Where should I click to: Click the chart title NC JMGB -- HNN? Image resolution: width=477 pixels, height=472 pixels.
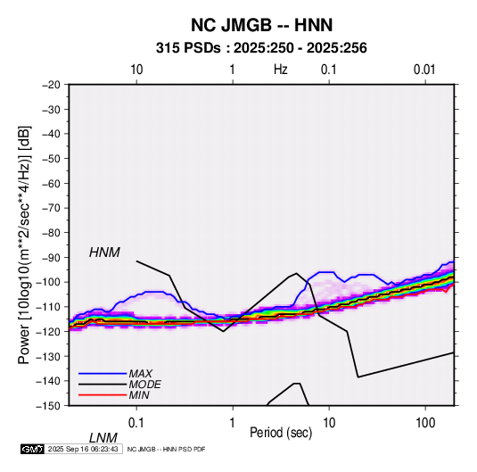pos(261,25)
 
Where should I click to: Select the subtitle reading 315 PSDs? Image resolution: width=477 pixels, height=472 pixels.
pos(188,48)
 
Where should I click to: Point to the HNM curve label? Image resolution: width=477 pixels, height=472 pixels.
pos(104,253)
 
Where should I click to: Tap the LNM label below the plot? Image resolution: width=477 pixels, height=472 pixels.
pos(103,438)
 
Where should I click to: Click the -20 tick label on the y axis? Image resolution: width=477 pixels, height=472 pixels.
pos(51,85)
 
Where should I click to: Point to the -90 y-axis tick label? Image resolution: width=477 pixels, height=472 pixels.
pos(51,258)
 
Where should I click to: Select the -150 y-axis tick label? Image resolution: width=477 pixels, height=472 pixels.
pos(48,406)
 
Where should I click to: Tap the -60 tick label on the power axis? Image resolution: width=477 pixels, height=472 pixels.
pos(51,183)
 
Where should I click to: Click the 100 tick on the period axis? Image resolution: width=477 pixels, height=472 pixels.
pos(425,423)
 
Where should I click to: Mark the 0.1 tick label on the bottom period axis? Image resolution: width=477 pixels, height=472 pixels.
pos(136,423)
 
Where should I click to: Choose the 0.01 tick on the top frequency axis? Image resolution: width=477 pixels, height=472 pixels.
pos(424,70)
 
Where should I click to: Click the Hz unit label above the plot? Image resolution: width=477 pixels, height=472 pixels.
pos(281,70)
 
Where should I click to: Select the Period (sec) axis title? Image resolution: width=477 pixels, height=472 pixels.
pos(281,433)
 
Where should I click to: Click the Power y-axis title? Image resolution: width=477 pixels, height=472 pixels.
pos(24,244)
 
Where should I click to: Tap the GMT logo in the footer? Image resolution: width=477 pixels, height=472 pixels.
pos(33,449)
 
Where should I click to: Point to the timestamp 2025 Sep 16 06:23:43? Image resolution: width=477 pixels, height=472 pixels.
pos(83,449)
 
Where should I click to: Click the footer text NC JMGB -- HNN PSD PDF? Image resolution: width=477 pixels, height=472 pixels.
pos(166,449)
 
